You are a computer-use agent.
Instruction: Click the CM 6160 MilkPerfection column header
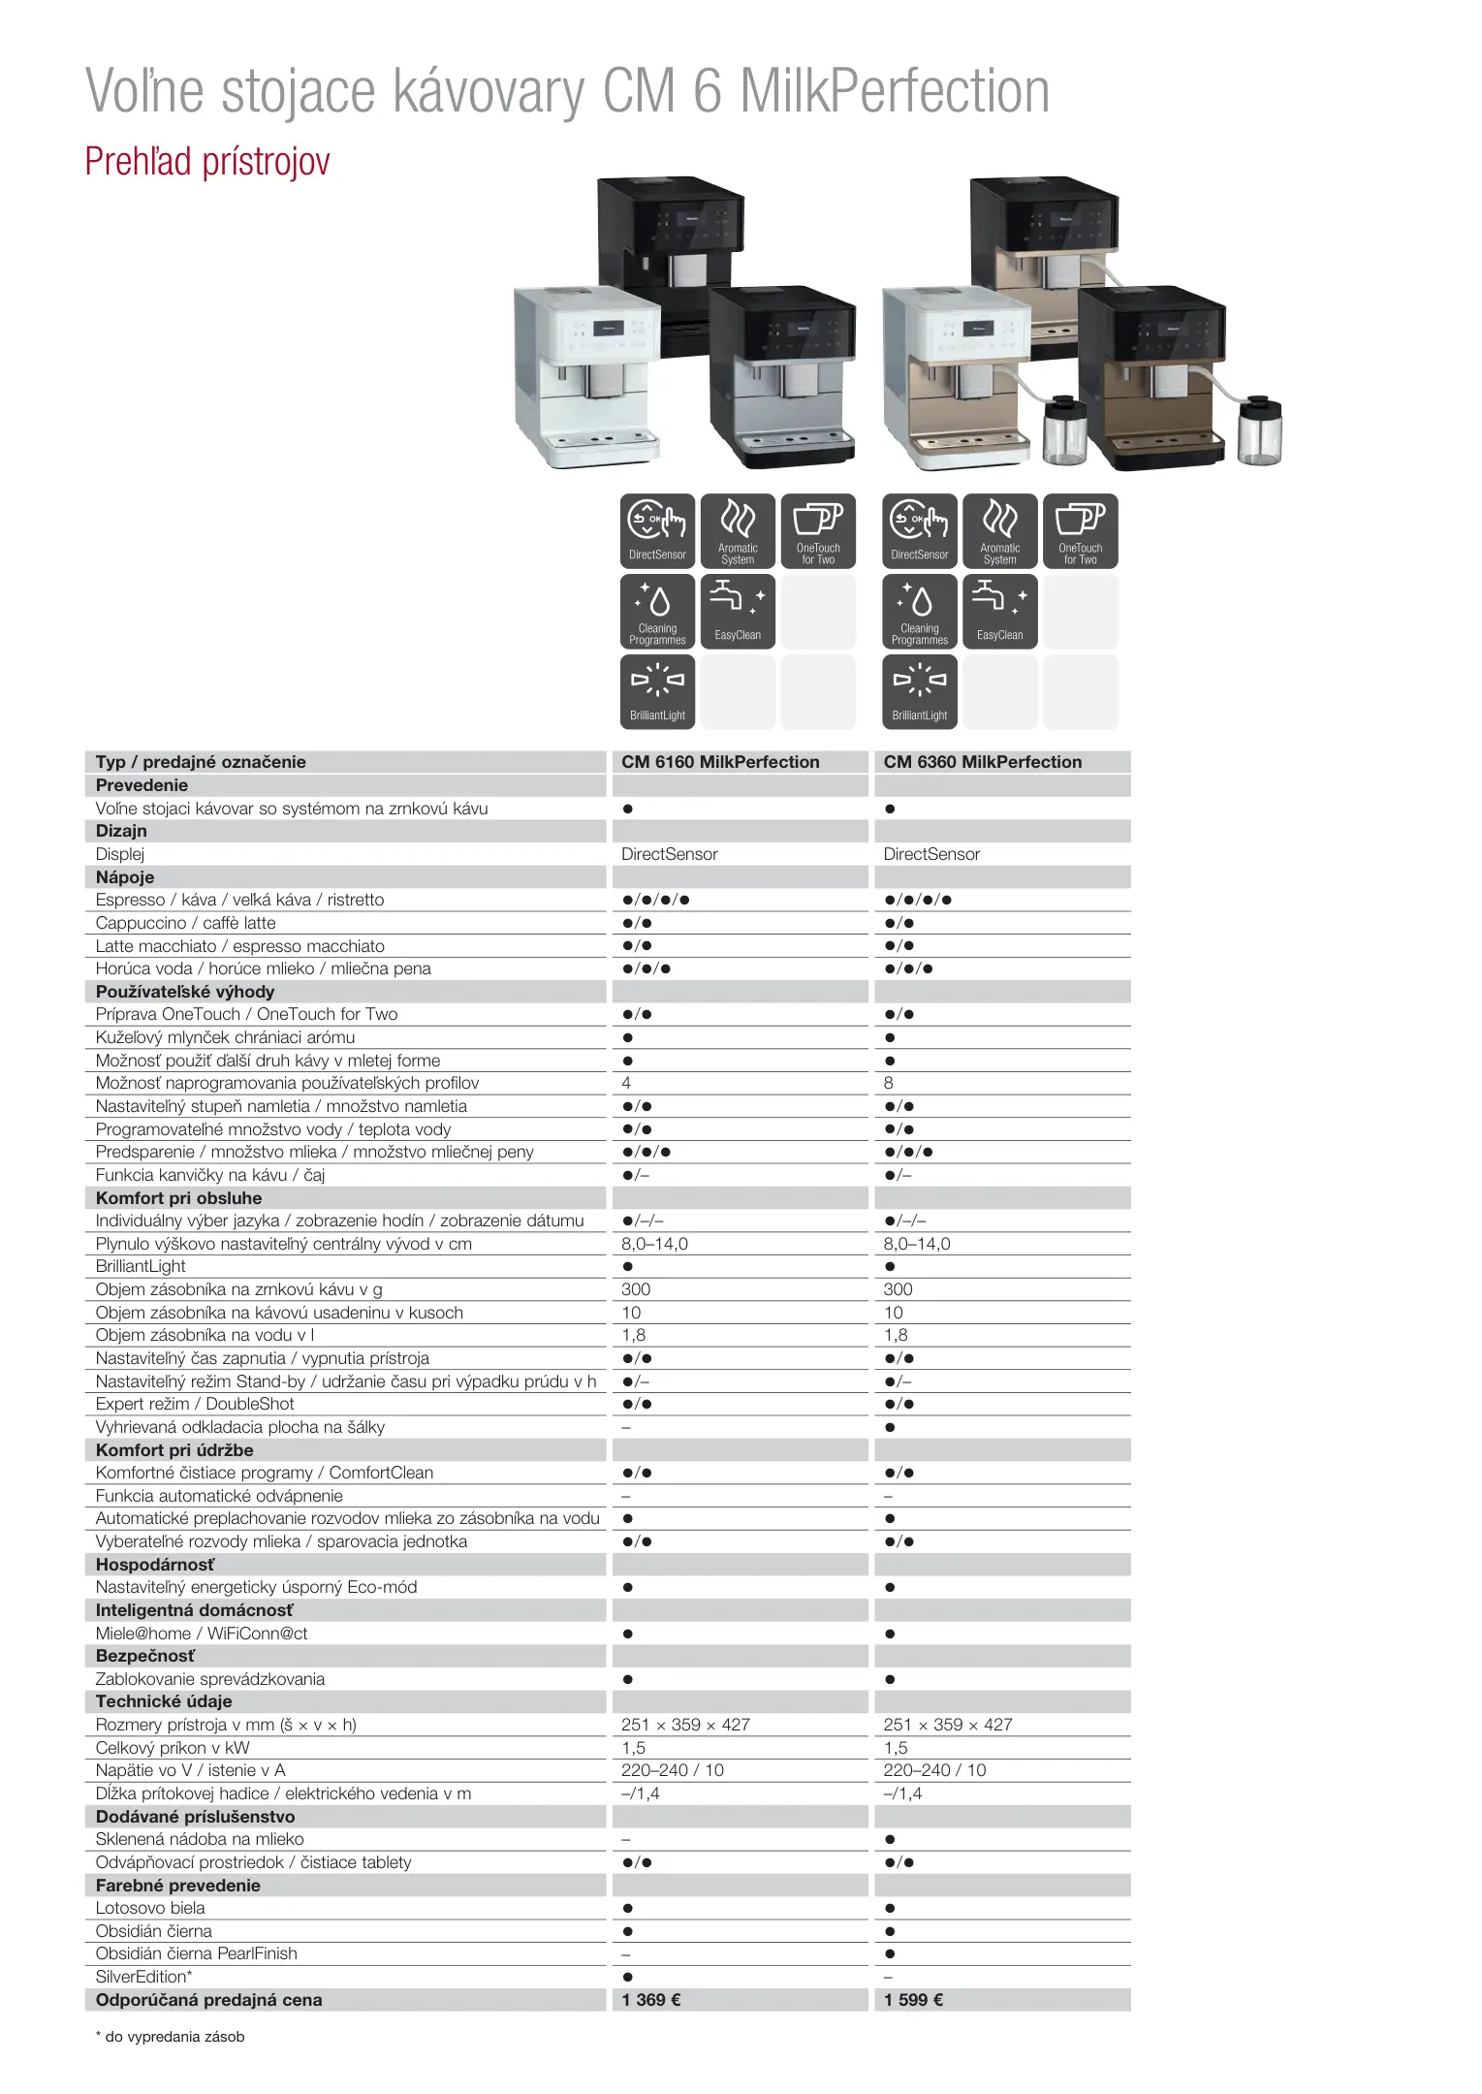pos(720,762)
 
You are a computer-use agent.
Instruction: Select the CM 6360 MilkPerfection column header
pos(982,762)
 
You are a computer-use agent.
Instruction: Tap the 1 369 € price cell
pos(651,2000)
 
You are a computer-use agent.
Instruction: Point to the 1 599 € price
pos(913,2000)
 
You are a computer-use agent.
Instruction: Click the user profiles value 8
pos(889,1083)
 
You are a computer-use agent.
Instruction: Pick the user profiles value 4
pos(626,1083)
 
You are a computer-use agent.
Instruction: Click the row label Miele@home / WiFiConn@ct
pos(202,1634)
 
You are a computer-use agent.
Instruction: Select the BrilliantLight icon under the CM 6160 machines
pos(657,691)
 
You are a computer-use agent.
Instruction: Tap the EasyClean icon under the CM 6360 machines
pos(999,611)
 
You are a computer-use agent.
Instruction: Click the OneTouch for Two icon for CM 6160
pos(818,530)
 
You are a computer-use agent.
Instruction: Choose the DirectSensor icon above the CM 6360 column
pos(919,530)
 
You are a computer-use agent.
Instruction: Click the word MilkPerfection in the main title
pos(894,92)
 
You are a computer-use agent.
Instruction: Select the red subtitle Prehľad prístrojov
pos(207,162)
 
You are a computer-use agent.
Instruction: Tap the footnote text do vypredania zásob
pos(174,2037)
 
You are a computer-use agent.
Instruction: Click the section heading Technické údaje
pos(164,1701)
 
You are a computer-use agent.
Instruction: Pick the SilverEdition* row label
pos(143,1977)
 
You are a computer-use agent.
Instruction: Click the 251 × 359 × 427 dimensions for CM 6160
pos(685,1725)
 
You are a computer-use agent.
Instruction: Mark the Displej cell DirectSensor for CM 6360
pos(931,854)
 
